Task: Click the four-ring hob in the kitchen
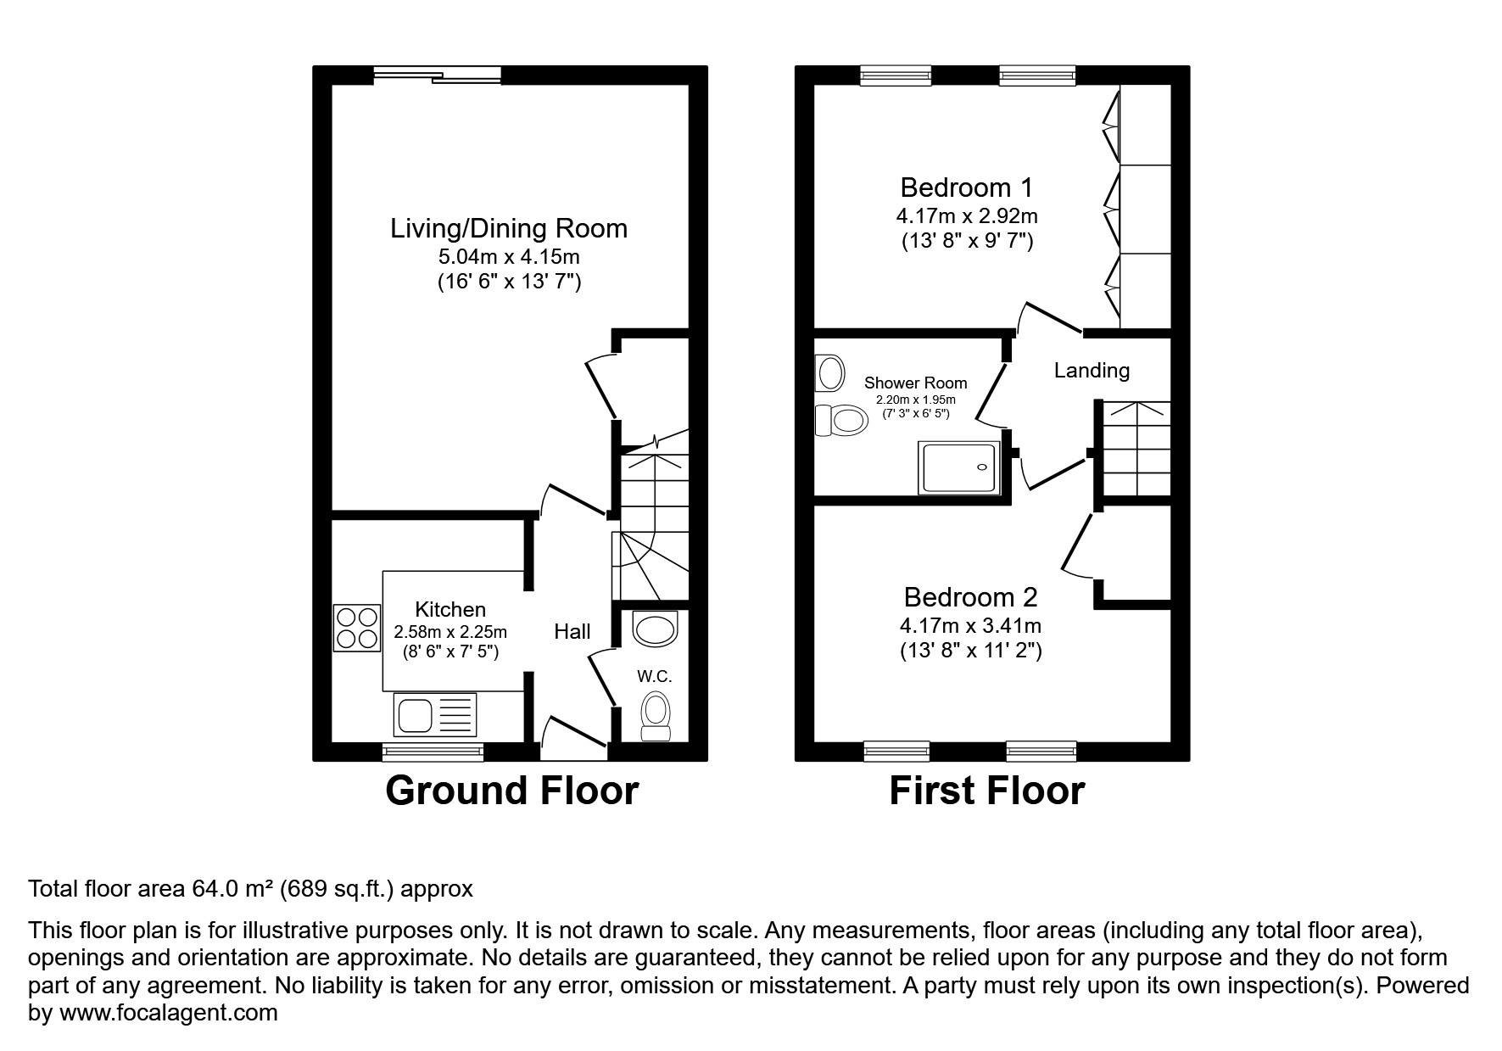click(357, 628)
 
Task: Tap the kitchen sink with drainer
click(435, 714)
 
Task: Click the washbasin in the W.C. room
click(656, 629)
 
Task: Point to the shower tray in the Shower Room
click(961, 467)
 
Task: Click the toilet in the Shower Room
click(841, 420)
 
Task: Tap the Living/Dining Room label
click(509, 228)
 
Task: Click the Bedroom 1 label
click(967, 187)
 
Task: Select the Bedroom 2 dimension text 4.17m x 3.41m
click(970, 627)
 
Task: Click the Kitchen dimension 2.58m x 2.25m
click(450, 632)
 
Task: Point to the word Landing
click(1092, 371)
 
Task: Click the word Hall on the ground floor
click(572, 631)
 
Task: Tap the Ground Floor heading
click(511, 791)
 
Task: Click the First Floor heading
click(986, 791)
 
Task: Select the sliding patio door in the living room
click(437, 76)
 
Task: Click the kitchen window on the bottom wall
click(433, 751)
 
